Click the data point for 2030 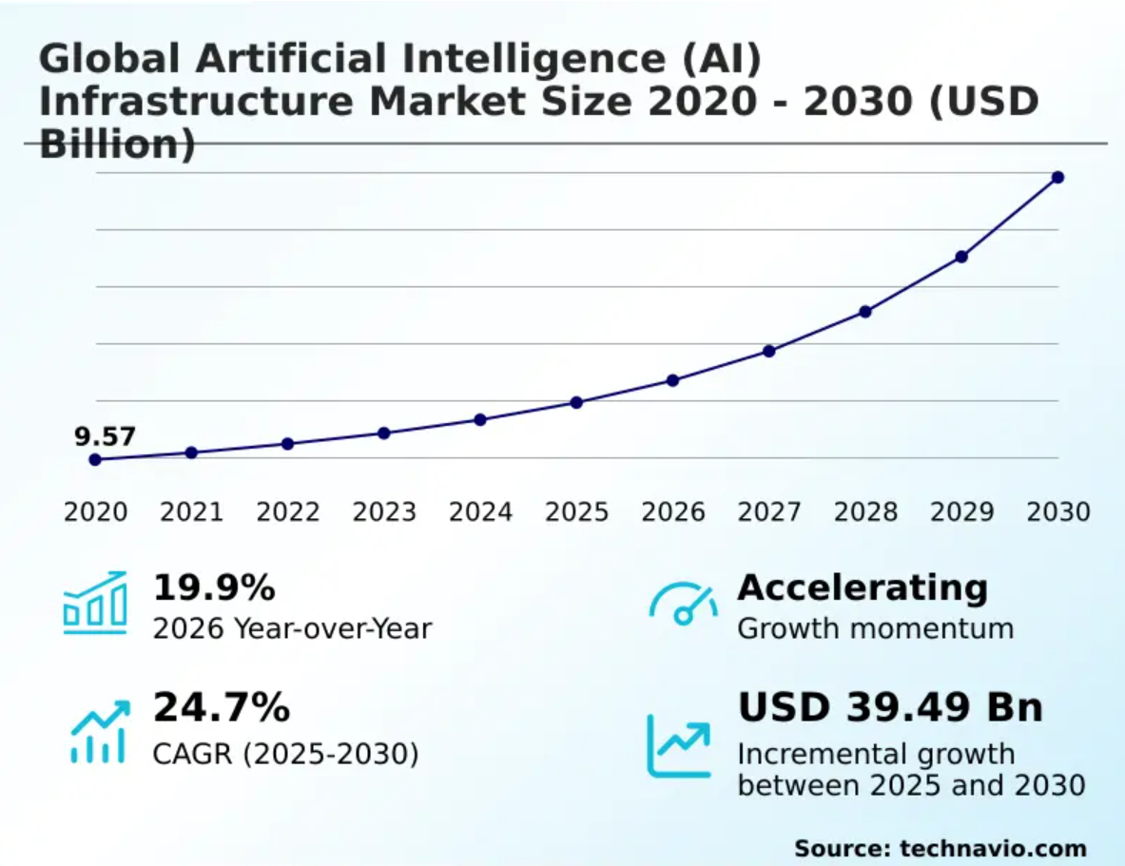1057,177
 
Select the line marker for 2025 576,402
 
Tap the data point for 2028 865,312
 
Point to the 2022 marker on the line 288,444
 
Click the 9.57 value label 105,436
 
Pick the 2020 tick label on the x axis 95,511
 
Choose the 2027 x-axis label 769,511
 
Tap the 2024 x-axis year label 480,511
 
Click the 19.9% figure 214,587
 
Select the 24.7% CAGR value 222,706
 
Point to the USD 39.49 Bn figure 890,707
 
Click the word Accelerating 863,589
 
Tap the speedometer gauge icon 683,604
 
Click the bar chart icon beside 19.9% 95,603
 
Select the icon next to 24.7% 100,731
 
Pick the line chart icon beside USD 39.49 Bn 679,746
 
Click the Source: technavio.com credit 941,849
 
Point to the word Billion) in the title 117,144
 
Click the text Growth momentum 875,628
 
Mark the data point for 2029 961,257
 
